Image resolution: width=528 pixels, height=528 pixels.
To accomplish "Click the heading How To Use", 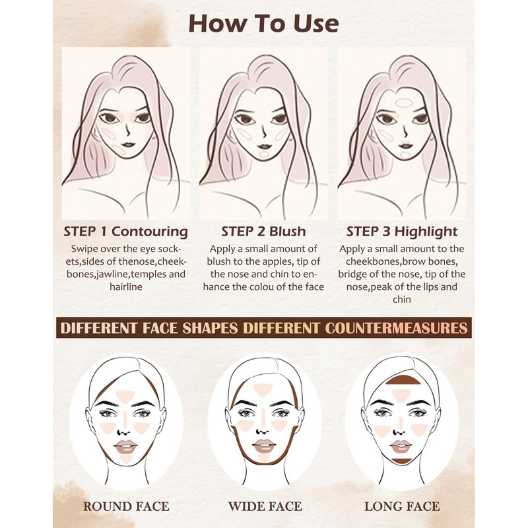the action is (x=263, y=23).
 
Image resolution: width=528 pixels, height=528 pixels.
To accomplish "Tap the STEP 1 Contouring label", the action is (x=125, y=232).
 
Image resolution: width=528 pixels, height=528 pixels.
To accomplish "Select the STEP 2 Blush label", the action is (x=263, y=232).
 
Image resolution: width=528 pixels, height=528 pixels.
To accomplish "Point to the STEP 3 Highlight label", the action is (x=402, y=232).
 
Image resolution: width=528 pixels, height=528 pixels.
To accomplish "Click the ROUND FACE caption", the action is (x=126, y=506).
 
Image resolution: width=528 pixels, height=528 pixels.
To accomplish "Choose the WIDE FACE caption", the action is (x=265, y=506).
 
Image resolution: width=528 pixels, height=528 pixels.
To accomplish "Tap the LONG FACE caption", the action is (x=402, y=506).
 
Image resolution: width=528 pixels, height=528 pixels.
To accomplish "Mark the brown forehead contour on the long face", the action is (x=403, y=381).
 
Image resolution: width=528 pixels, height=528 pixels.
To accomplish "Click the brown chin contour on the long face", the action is (x=401, y=460).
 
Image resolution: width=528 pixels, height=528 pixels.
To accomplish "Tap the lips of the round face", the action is (x=125, y=447).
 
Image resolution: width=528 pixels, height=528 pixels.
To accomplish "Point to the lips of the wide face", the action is (x=264, y=446).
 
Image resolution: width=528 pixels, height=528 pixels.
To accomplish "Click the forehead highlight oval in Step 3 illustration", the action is (x=404, y=102).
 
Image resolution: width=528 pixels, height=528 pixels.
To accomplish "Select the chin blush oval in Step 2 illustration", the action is (x=265, y=154).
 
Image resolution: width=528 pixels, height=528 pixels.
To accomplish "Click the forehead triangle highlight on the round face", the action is (x=125, y=395).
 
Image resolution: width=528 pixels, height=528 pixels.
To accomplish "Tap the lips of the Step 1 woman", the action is (x=128, y=145).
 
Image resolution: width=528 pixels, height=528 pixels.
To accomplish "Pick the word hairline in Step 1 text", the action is (x=125, y=287).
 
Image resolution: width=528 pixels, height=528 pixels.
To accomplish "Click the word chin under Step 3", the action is (x=402, y=300).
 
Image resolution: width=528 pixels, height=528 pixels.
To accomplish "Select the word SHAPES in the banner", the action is (x=210, y=328).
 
